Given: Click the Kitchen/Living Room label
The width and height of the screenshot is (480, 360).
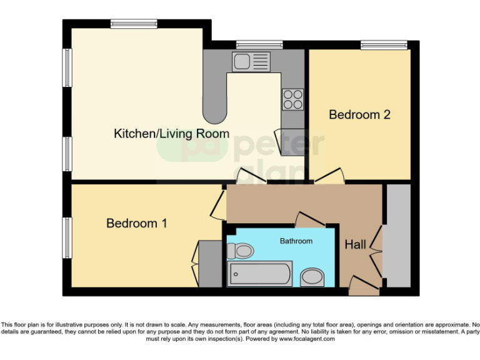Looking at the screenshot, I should click(171, 134).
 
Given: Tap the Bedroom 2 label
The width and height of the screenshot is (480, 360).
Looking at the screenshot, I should click(359, 115).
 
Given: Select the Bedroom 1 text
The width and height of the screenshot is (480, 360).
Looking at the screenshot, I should click(136, 223).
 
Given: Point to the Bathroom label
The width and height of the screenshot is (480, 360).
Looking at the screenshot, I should click(296, 241).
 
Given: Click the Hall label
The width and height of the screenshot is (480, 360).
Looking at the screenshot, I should click(356, 245).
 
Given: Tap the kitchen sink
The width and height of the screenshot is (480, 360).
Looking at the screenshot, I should click(251, 62).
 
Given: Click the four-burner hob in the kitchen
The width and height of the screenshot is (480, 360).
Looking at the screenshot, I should click(293, 99).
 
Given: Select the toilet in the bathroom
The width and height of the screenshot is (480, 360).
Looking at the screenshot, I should click(240, 251).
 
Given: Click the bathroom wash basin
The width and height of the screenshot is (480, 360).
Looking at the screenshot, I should click(312, 277).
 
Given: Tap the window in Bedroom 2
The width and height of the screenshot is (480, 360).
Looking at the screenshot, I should click(384, 44).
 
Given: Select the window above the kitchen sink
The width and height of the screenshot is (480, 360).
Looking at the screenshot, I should click(259, 44).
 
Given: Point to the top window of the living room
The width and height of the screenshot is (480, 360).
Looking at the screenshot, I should click(134, 24).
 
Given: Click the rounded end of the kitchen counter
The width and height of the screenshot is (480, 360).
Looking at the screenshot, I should click(215, 114).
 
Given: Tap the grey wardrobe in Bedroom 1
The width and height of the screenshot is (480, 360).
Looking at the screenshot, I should click(210, 263).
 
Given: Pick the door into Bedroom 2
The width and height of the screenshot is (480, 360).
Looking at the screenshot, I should click(329, 176).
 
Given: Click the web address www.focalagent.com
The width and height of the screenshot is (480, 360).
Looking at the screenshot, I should click(306, 339).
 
